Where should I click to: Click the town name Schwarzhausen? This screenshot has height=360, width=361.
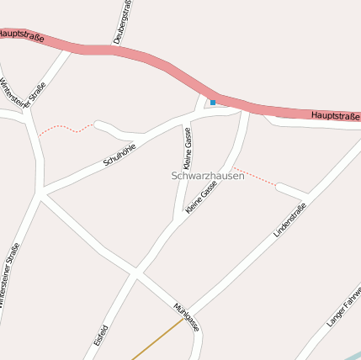coord(207,176)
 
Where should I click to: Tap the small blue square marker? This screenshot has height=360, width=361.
coord(213,103)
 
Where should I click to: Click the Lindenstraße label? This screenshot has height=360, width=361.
coord(290,220)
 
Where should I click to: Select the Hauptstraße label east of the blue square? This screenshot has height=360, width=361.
coord(334,115)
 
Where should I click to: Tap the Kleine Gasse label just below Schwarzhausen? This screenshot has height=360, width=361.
coord(202,196)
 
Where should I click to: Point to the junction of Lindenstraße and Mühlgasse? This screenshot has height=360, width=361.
coord(188,310)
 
